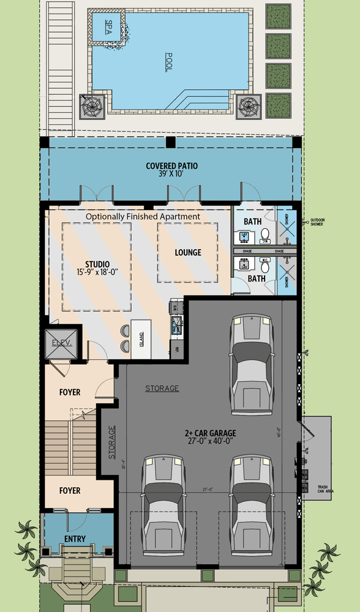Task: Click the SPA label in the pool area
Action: (109, 28)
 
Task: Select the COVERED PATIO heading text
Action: (171, 166)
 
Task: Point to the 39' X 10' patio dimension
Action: (171, 174)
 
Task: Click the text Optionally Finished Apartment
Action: (143, 217)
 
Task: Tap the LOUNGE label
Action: (187, 253)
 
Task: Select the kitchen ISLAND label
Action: (141, 336)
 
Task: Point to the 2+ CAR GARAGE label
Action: (210, 433)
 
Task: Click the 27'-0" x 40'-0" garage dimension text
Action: (210, 442)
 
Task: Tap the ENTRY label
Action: (75, 539)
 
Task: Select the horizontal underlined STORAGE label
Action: (162, 388)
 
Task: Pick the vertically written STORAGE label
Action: (111, 442)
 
